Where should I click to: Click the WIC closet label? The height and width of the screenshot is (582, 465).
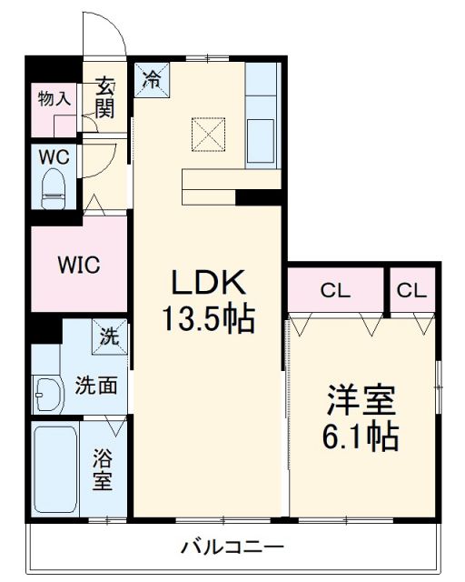click(79, 266)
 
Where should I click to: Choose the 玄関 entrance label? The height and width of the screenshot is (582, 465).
click(106, 98)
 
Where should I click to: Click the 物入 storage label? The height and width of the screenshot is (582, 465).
click(54, 98)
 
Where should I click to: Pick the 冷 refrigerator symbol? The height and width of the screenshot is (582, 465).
click(153, 77)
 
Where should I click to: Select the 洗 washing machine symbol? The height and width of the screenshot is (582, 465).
click(109, 337)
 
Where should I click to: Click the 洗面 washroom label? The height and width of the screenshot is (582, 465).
click(95, 385)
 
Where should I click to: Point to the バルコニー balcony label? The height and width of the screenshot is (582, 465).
click(232, 547)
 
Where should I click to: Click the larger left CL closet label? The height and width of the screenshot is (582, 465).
click(335, 291)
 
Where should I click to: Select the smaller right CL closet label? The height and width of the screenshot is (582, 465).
click(411, 291)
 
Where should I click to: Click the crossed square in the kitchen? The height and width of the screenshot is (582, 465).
click(208, 135)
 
